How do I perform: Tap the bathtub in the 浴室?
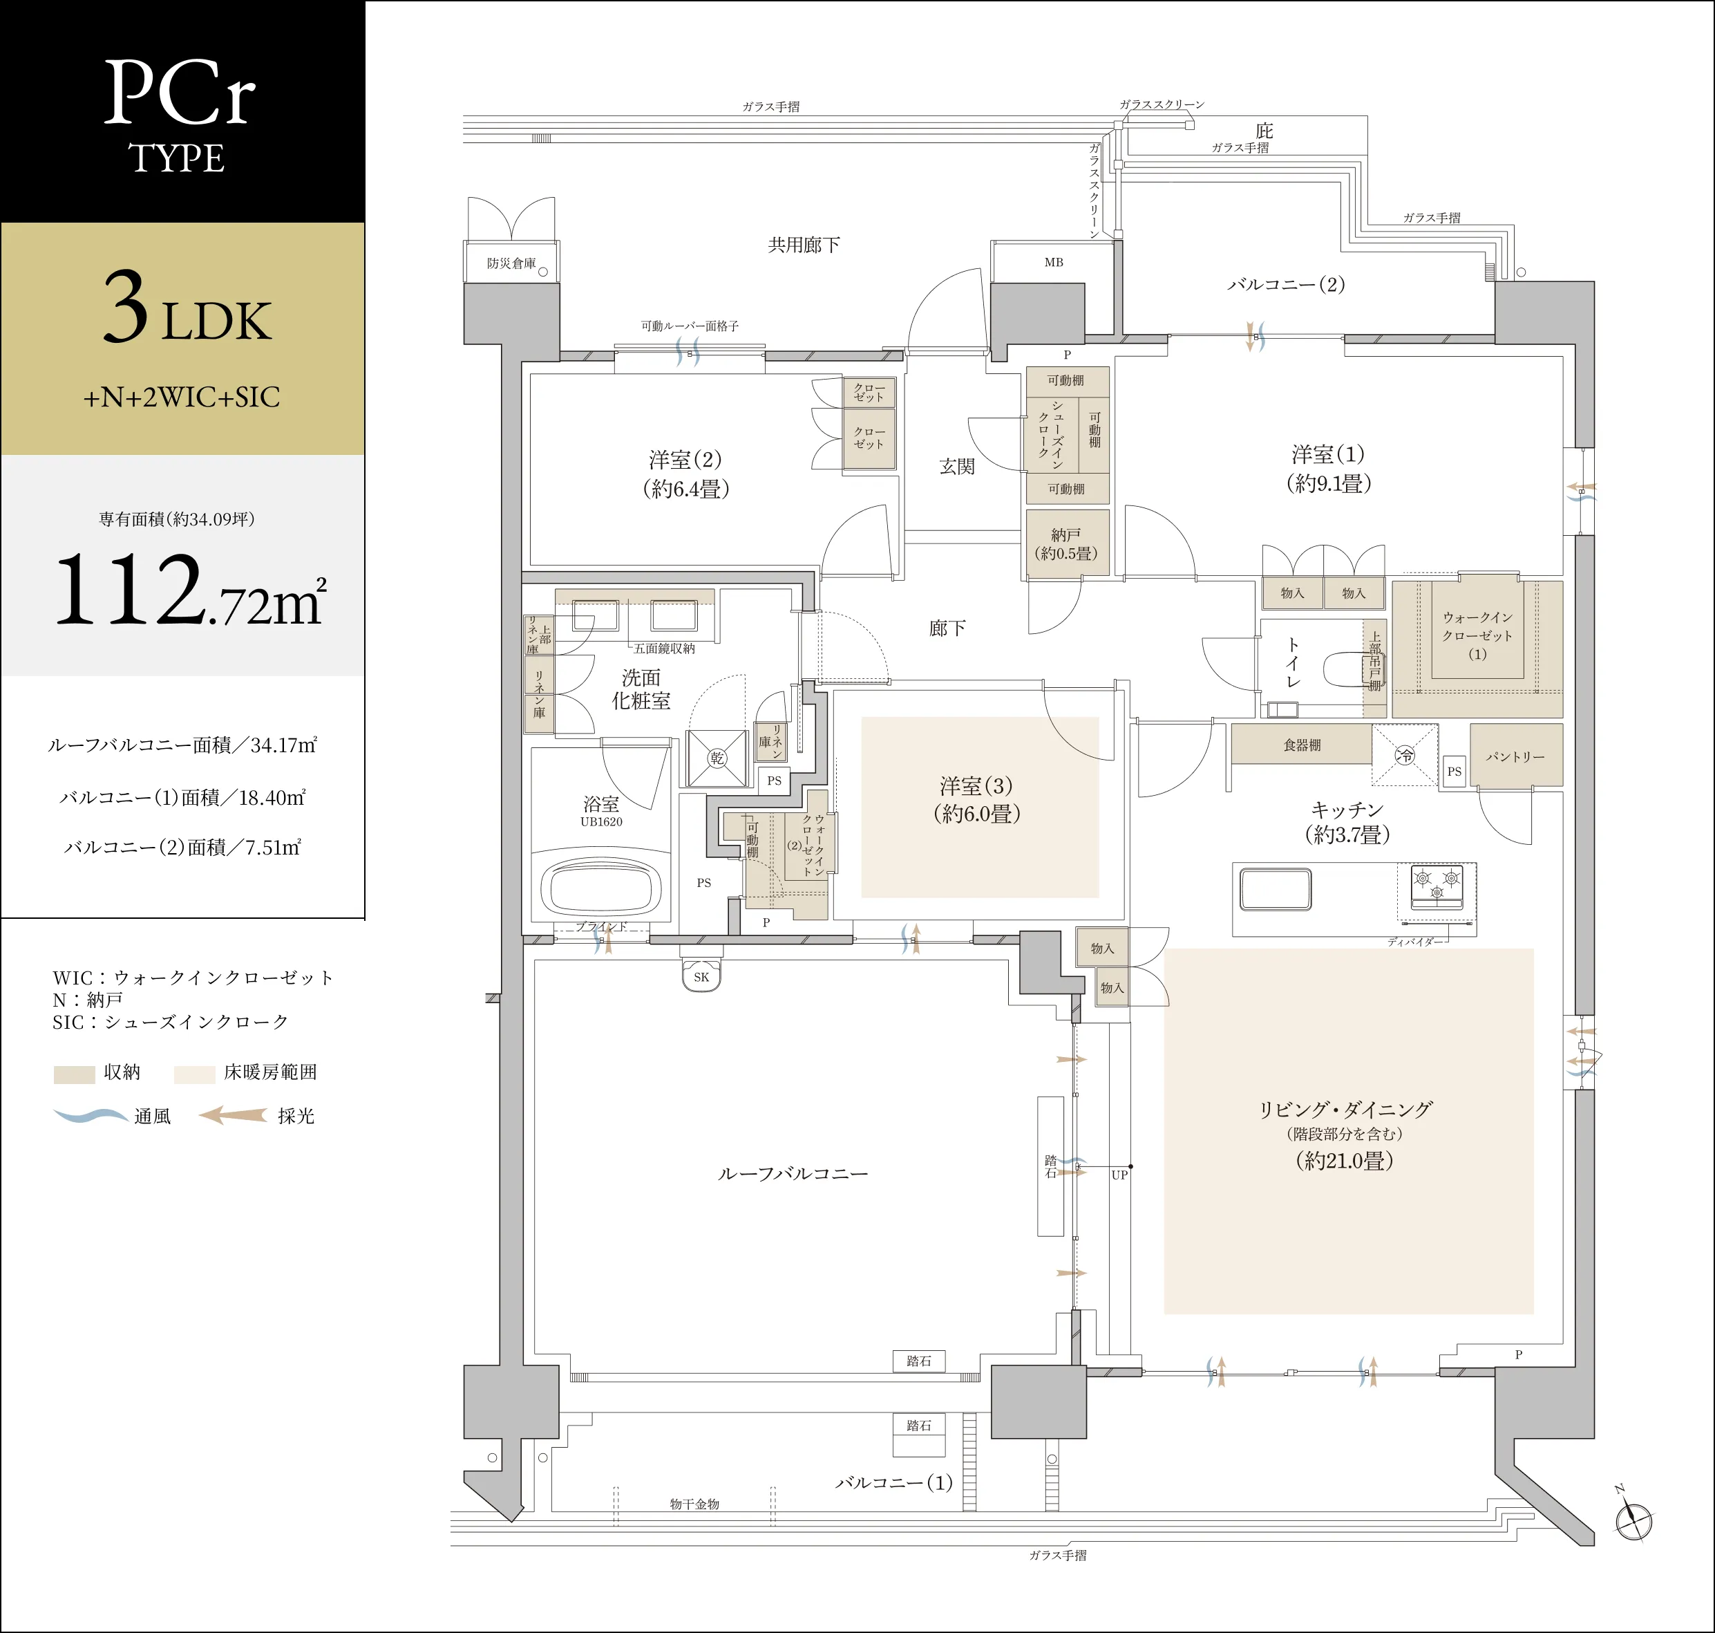(601, 887)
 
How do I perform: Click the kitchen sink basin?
(1276, 890)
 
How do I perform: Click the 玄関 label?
(957, 467)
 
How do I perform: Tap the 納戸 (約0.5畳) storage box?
(1066, 543)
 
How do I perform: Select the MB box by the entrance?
(1053, 262)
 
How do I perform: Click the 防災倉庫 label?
(511, 263)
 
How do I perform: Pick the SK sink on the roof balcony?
(701, 976)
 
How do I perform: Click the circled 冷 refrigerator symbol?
(1405, 756)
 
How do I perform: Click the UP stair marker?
(1120, 1174)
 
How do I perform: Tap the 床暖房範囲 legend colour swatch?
(194, 1073)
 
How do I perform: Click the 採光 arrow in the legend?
(233, 1115)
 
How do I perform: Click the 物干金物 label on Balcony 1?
(694, 1503)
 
